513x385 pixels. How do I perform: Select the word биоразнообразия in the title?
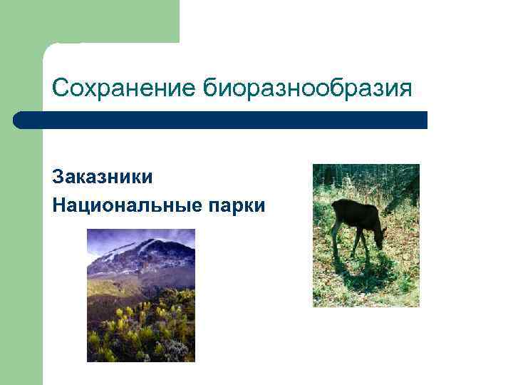tap(309, 90)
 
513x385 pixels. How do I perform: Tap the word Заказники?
tap(102, 176)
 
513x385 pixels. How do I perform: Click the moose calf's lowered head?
tap(378, 239)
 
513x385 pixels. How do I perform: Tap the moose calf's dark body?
tap(354, 214)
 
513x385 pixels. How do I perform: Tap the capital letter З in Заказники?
tap(58, 176)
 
